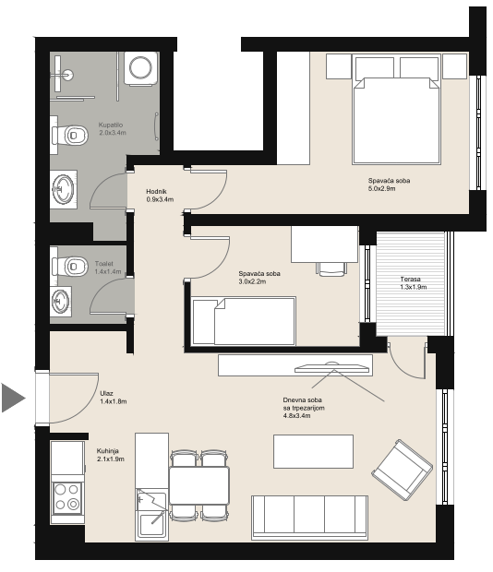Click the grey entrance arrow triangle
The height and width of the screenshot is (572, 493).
(x=12, y=398)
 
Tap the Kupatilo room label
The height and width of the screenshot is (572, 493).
(x=111, y=125)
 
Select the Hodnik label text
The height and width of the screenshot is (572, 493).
(x=156, y=191)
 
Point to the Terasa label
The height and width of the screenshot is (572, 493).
(x=411, y=279)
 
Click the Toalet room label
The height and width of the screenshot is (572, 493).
(x=104, y=263)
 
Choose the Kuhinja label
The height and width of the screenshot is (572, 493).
(x=108, y=451)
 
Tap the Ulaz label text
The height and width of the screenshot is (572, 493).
(x=106, y=393)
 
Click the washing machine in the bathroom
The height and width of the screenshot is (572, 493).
(x=141, y=68)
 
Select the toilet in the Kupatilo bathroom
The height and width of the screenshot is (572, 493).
(x=69, y=136)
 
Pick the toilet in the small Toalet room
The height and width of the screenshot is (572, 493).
(x=69, y=266)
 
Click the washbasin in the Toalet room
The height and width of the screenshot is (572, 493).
(x=61, y=302)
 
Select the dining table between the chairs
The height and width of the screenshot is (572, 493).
(x=199, y=485)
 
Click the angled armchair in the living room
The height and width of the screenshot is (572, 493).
(x=403, y=470)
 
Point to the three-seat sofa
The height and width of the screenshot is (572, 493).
(x=309, y=518)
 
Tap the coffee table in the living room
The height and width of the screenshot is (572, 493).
(x=314, y=451)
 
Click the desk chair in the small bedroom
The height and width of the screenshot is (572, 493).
(x=331, y=268)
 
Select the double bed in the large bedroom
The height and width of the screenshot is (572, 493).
(x=397, y=109)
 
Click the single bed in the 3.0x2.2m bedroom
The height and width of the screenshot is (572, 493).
(x=244, y=321)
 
